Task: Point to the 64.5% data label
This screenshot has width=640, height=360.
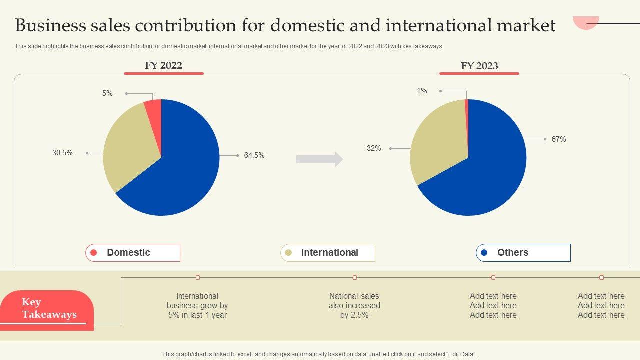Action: pyautogui.click(x=254, y=155)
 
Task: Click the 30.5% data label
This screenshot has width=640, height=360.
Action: pyautogui.click(x=62, y=153)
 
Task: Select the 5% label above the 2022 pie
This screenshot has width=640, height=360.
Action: pyautogui.click(x=107, y=93)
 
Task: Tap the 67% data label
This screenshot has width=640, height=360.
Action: pyautogui.click(x=559, y=139)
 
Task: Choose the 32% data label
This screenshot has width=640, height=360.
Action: pyautogui.click(x=374, y=148)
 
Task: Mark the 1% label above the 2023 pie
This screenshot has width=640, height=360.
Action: pyautogui.click(x=422, y=91)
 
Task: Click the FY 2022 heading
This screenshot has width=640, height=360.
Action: pyautogui.click(x=163, y=65)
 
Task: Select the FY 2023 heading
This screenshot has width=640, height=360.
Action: pyautogui.click(x=479, y=66)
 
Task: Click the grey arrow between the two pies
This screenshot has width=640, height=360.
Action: pyautogui.click(x=319, y=159)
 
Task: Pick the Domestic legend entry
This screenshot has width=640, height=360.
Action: pyautogui.click(x=133, y=253)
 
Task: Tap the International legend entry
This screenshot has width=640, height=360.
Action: pyautogui.click(x=328, y=253)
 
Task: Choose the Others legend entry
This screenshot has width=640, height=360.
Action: pyautogui.click(x=523, y=253)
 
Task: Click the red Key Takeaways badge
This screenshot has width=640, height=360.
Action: pyautogui.click(x=47, y=308)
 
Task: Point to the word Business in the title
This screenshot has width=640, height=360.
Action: pyautogui.click(x=50, y=25)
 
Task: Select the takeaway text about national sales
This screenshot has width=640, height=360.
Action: pyautogui.click(x=354, y=305)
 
